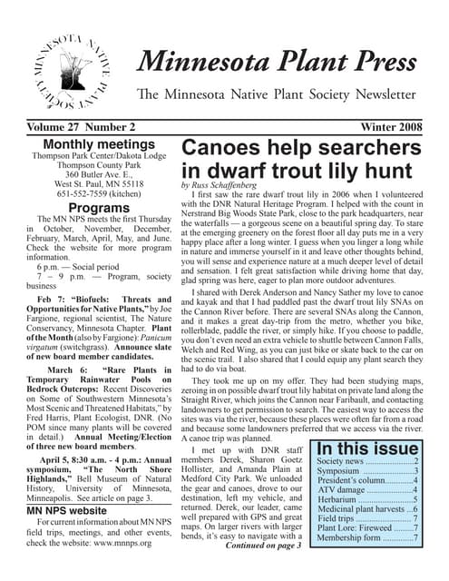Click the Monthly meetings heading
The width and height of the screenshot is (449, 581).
(93, 143)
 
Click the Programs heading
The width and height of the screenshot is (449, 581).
(93, 209)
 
